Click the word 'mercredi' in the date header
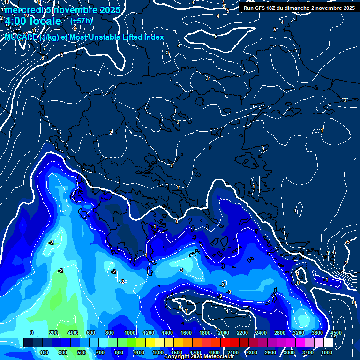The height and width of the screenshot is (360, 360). [x=22, y=10]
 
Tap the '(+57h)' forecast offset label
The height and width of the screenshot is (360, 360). [x=81, y=21]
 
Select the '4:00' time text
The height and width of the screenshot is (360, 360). [x=15, y=21]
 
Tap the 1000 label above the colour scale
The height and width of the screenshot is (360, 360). [x=130, y=333]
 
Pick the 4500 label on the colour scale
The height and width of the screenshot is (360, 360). [x=336, y=333]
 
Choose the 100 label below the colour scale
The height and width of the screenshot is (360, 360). [x=45, y=352]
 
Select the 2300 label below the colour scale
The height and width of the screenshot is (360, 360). [x=251, y=352]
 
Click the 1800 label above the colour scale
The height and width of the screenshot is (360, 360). [x=205, y=333]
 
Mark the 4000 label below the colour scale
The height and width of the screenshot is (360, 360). [x=327, y=352]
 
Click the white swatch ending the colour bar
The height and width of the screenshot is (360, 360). [x=329, y=343]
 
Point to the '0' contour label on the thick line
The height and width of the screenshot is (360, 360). [x=177, y=221]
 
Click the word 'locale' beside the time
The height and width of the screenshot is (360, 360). [x=46, y=21]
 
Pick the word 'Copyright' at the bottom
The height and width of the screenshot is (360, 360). [x=176, y=357]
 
